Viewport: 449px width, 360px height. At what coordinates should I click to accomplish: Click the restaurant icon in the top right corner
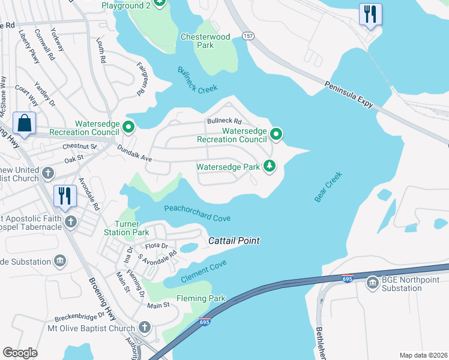coord(370,14)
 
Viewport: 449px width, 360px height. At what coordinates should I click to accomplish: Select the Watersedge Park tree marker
coord(270,166)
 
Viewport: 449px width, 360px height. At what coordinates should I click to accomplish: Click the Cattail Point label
coord(234,241)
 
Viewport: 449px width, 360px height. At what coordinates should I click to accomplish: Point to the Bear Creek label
coord(328,187)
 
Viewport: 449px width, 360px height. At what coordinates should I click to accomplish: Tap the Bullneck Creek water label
coord(197,80)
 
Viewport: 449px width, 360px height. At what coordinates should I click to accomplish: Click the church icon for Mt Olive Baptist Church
coord(144,328)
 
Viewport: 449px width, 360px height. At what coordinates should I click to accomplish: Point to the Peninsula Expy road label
coord(349,95)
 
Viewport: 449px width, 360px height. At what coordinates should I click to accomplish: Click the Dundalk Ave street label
coord(134,154)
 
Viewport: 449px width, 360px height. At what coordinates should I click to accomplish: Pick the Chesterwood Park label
coord(205,41)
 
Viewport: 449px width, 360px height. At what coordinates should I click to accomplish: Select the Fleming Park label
coord(200,298)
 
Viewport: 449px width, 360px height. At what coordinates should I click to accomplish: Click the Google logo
coord(20,353)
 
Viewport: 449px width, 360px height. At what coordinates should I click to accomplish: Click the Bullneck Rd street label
coord(224,121)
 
